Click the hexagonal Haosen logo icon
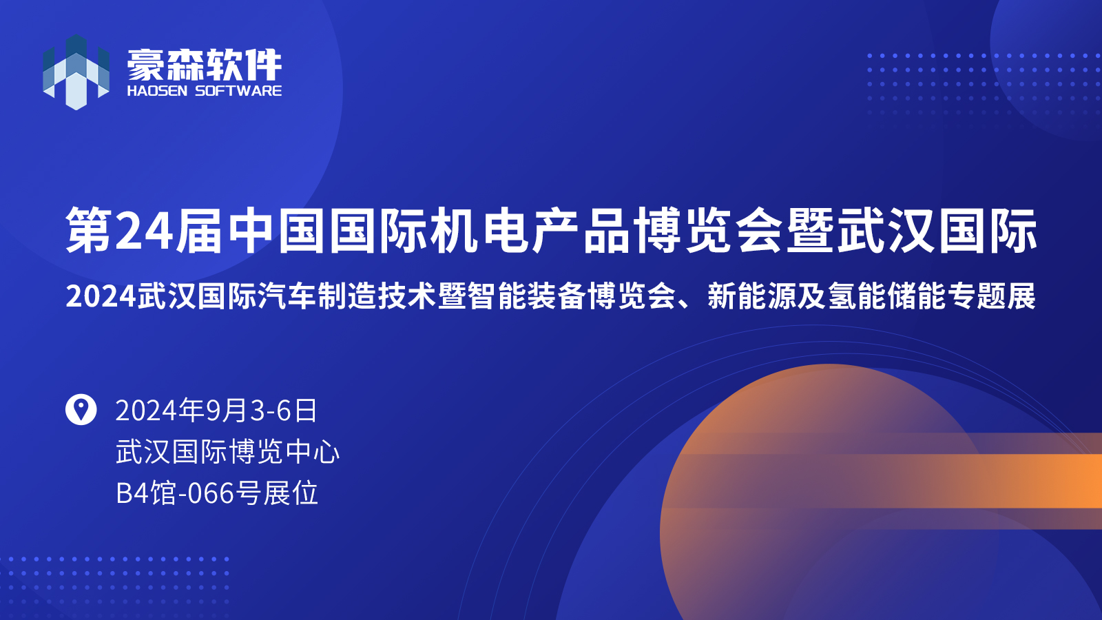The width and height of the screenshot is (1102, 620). (x=76, y=72)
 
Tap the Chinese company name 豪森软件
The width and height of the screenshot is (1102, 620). (x=204, y=65)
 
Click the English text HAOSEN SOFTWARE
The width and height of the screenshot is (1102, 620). (x=204, y=91)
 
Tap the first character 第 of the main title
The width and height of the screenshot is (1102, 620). (x=91, y=231)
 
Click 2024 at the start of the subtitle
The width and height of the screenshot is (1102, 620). (x=101, y=297)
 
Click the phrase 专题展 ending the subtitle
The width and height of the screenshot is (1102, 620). (x=992, y=296)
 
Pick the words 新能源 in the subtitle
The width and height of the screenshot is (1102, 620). (x=751, y=296)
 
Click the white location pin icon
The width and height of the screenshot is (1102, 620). (x=81, y=409)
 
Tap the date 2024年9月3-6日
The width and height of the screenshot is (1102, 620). (x=216, y=411)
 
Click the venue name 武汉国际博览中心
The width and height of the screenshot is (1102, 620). (x=228, y=452)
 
